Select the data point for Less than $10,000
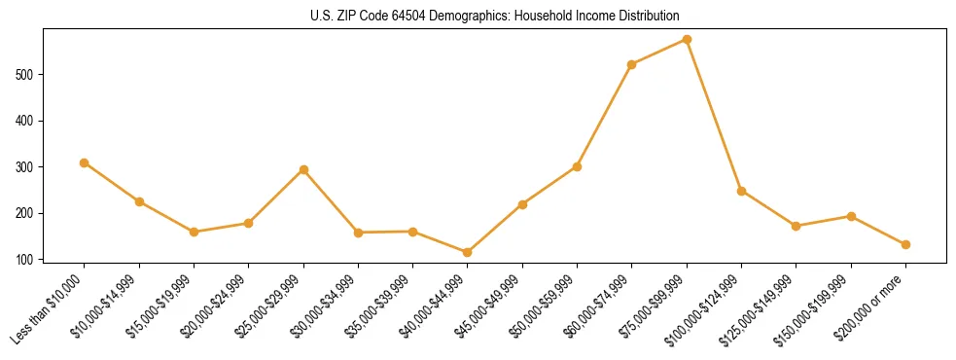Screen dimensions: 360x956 (85, 162)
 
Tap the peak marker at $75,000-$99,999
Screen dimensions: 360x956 (687, 39)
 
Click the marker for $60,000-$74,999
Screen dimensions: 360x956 (632, 64)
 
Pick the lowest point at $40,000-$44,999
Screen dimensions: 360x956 (468, 252)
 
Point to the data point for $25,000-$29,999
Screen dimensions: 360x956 (303, 169)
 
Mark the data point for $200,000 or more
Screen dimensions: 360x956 (905, 244)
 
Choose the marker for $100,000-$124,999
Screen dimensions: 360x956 (741, 191)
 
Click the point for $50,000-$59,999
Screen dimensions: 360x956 (577, 166)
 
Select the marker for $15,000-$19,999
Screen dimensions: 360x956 (194, 232)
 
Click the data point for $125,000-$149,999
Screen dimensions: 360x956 (796, 226)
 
